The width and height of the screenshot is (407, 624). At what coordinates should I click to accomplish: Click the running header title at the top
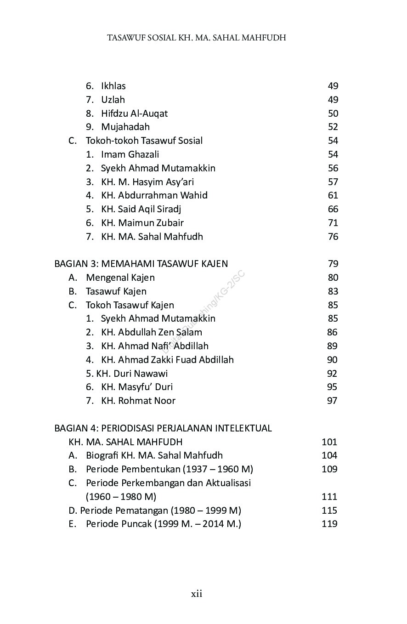[x=197, y=38]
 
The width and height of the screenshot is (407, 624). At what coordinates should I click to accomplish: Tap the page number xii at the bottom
[x=197, y=594]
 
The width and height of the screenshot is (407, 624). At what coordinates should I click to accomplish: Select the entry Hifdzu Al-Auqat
[x=134, y=113]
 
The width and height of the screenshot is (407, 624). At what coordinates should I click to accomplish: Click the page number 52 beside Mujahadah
[x=333, y=127]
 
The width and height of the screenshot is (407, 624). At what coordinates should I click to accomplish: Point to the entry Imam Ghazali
[x=130, y=154]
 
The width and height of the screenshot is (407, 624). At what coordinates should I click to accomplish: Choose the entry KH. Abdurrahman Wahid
[x=154, y=195]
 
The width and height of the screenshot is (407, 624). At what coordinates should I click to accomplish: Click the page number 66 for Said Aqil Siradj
[x=333, y=209]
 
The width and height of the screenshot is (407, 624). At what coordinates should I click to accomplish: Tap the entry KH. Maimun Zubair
[x=142, y=223]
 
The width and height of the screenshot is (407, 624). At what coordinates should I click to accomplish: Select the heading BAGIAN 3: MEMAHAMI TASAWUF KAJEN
[x=141, y=264]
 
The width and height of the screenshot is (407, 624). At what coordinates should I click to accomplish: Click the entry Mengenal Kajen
[x=120, y=278]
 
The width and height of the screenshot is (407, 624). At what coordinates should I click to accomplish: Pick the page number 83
[x=333, y=291]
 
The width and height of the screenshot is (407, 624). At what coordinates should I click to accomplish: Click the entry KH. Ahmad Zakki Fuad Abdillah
[x=167, y=360]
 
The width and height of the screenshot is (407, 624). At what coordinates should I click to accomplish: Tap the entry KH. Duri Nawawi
[x=132, y=374]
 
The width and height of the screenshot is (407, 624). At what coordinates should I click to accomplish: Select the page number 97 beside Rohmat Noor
[x=332, y=401]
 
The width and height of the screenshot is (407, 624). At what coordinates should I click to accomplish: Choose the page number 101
[x=329, y=442]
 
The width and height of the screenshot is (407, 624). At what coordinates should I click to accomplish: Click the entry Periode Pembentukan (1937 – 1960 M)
[x=170, y=469]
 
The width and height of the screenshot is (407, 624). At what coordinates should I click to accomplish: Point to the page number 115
[x=329, y=511]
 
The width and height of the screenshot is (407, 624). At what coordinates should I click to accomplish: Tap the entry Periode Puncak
[x=163, y=524]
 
